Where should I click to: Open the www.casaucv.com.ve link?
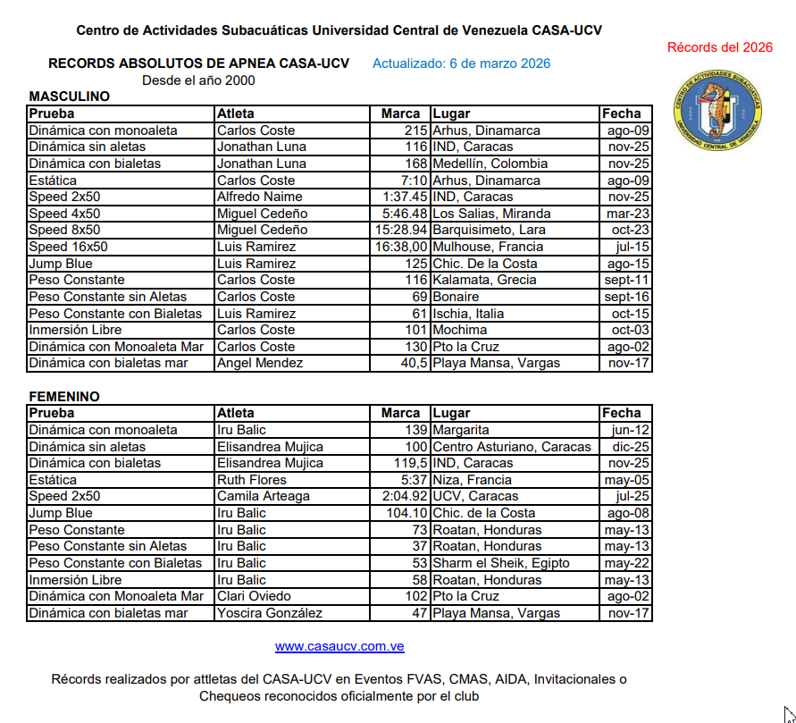click(x=339, y=646)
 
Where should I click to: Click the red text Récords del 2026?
click(x=720, y=47)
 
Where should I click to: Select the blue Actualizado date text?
click(x=461, y=63)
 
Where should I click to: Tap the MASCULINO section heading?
click(x=70, y=97)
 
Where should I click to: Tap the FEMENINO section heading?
click(x=64, y=397)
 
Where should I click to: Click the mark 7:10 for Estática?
click(x=409, y=181)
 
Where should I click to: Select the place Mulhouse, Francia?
click(x=488, y=247)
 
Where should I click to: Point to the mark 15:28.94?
click(x=402, y=230)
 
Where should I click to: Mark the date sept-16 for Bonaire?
click(x=626, y=297)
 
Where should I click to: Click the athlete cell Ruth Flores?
click(x=251, y=480)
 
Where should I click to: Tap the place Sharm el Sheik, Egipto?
click(x=501, y=563)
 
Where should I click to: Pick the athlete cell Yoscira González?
click(x=270, y=613)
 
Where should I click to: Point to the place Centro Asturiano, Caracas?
click(x=512, y=447)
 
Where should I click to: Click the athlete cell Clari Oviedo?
click(x=253, y=596)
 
